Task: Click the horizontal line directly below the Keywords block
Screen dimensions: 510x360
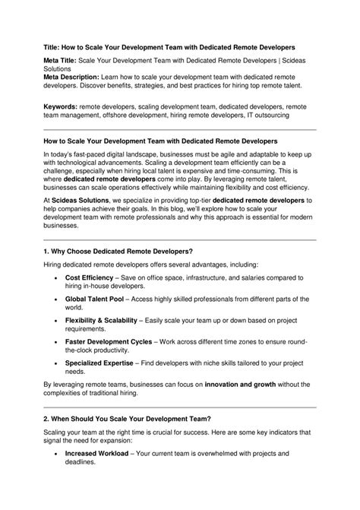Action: [x=179, y=130]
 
